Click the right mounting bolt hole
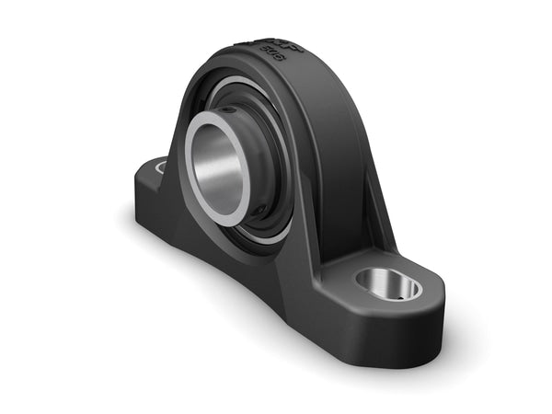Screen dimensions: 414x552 tap(388, 284)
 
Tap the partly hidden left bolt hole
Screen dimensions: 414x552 tap(160, 167)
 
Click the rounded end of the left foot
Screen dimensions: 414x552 tap(141, 184)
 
